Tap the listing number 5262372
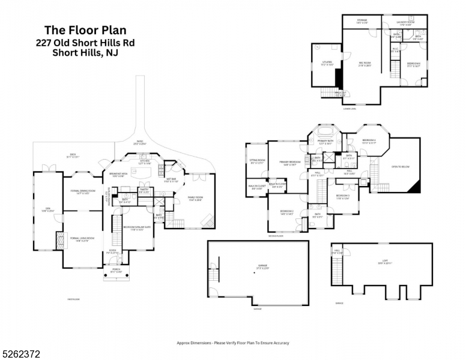22,355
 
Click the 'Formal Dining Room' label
75,192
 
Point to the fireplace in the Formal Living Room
59,241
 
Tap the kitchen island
144,173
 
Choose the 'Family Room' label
195,199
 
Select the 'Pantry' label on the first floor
144,191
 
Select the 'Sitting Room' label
257,162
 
